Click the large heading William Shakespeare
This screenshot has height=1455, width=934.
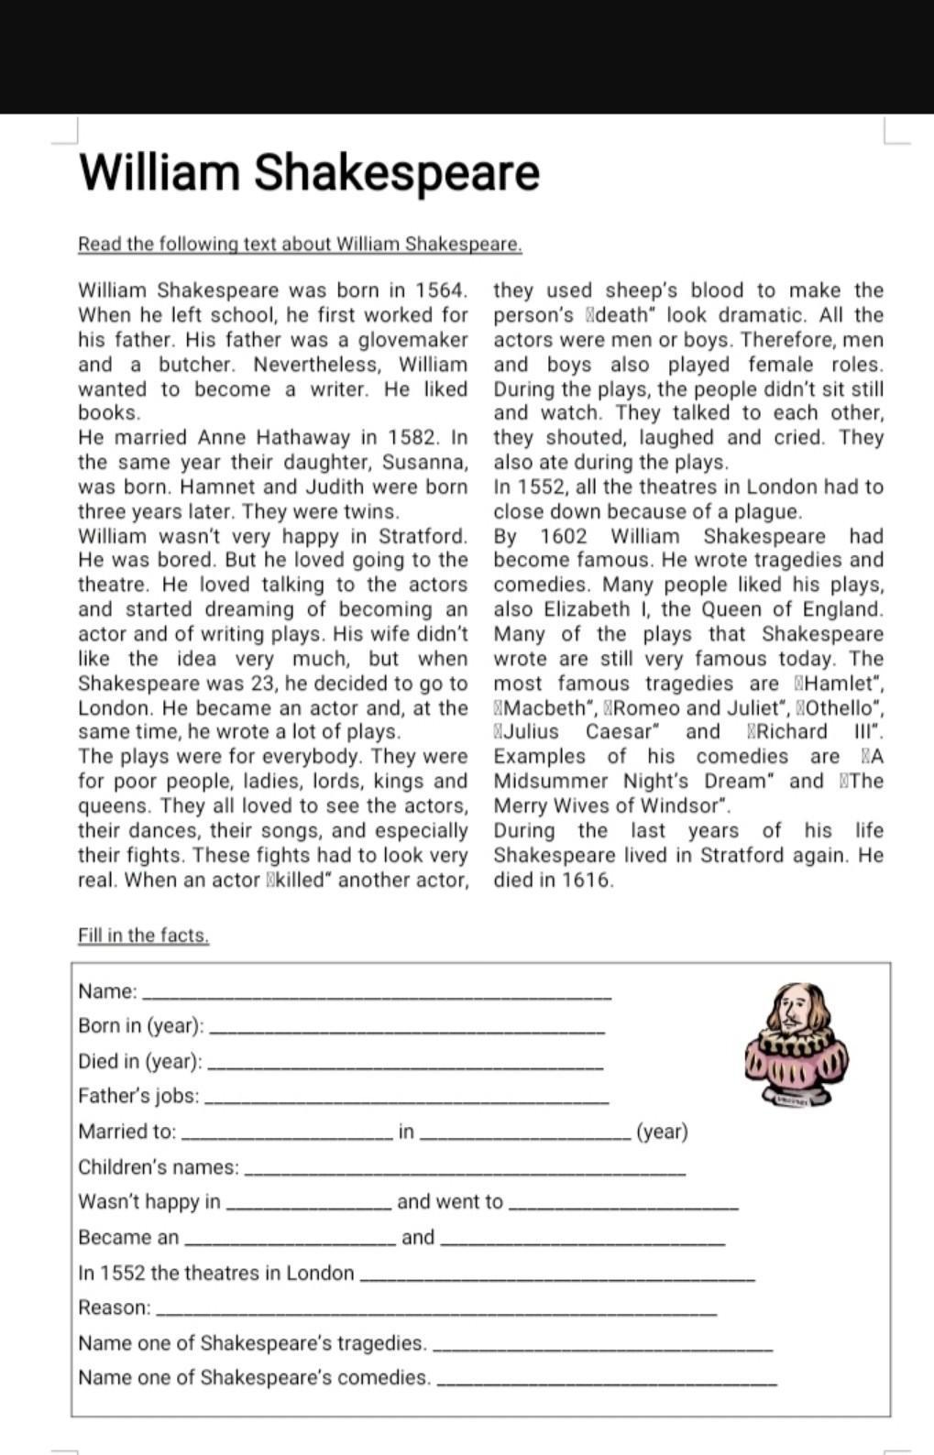pyautogui.click(x=309, y=172)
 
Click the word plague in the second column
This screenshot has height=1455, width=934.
pyautogui.click(x=768, y=511)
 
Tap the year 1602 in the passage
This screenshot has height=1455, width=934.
pyautogui.click(x=564, y=536)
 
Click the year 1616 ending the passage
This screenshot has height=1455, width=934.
pyautogui.click(x=587, y=881)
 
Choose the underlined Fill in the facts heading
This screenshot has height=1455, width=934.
pyautogui.click(x=144, y=935)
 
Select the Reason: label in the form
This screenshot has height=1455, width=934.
pyautogui.click(x=115, y=1307)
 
